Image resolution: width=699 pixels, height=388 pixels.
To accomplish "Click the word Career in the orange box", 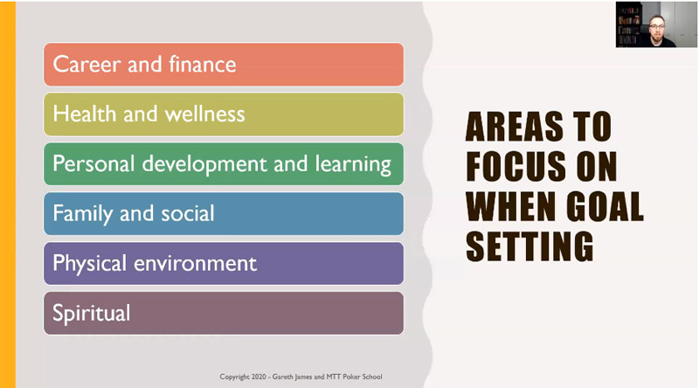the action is point(87,64).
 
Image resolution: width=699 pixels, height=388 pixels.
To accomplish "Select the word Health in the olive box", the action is point(84,114).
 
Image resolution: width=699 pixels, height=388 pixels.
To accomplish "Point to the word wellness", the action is point(204,114).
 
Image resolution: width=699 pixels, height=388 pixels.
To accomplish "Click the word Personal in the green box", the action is point(93,163).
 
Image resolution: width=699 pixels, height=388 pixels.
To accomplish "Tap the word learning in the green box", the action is point(353,164).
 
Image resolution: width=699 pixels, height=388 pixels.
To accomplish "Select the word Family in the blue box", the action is point(82,214).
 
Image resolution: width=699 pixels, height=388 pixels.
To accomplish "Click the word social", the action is point(188,213).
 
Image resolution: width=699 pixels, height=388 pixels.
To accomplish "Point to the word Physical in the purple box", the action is point(90,264).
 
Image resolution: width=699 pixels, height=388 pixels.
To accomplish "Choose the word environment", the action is point(195,264).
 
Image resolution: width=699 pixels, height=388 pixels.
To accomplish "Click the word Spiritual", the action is point(92,313).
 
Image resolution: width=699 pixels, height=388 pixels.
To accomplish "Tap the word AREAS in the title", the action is point(514,127).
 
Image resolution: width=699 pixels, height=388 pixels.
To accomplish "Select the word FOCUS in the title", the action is point(516,166).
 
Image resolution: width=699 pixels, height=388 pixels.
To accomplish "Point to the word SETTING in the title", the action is point(529,246).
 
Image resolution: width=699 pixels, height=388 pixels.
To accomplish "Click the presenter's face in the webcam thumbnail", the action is point(657,27).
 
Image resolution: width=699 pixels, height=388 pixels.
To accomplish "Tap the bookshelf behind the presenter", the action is point(628,25).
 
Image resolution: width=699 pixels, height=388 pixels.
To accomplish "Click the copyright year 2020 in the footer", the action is point(259,377).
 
